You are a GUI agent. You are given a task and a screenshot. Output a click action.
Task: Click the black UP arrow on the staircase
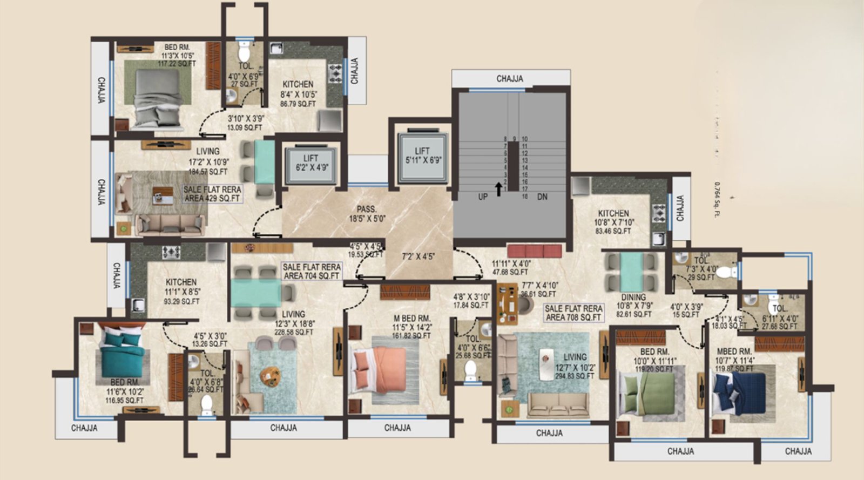pyautogui.click(x=498, y=188)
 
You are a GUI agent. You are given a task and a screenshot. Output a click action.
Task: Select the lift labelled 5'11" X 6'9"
pyautogui.click(x=422, y=156)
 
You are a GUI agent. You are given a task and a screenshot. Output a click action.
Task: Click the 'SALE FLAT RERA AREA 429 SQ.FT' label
pyautogui.click(x=212, y=194)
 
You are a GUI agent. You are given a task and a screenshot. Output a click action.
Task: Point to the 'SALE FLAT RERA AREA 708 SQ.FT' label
pyautogui.click(x=573, y=313)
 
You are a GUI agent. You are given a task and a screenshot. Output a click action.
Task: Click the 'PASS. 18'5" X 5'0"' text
pyautogui.click(x=367, y=214)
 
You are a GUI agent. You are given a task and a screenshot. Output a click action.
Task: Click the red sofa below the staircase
pyautogui.click(x=535, y=251)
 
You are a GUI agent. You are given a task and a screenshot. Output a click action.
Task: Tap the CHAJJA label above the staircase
pyautogui.click(x=510, y=79)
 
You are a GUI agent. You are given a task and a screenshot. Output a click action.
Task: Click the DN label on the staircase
pyautogui.click(x=542, y=197)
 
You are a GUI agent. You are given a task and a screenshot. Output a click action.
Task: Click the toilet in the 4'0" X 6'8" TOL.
pyautogui.click(x=207, y=405)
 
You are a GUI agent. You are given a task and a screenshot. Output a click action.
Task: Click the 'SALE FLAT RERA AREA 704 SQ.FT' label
pyautogui.click(x=312, y=271)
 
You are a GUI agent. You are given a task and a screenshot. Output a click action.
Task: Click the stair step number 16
pyautogui.click(x=524, y=197)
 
